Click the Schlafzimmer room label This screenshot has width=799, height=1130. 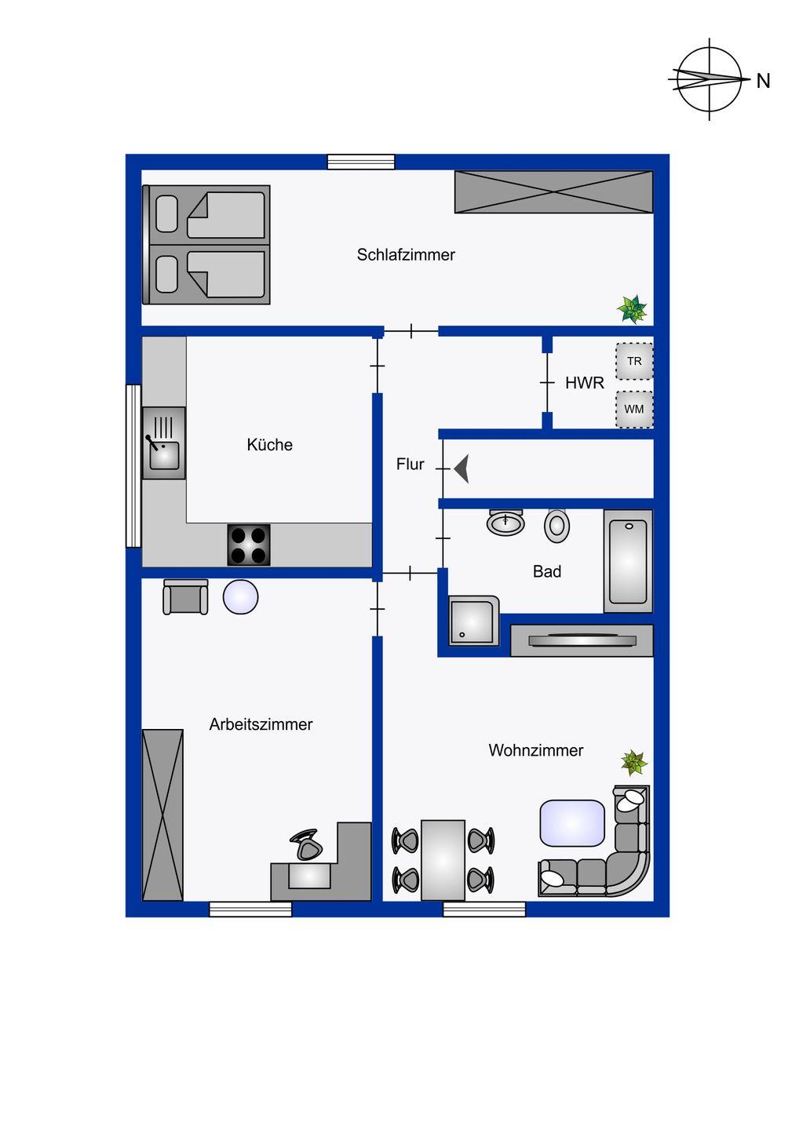coord(406,255)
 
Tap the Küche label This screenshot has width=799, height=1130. coord(269,444)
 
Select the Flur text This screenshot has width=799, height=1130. coord(410,464)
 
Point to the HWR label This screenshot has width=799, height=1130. coord(584,383)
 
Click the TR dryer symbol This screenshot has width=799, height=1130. coord(634,361)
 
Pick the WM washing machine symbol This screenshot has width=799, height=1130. coord(634,409)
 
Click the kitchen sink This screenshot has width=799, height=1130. coord(164,443)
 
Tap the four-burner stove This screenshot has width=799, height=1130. coord(249,545)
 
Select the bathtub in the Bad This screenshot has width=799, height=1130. coord(628,562)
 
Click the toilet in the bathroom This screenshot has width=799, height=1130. coord(557,526)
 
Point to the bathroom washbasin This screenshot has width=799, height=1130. coord(505,522)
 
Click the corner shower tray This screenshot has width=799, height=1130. coord(473,621)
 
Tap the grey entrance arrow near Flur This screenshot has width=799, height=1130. coord(462,468)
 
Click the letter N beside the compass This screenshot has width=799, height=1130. coord(763,82)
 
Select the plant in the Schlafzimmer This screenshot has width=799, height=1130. coord(632,308)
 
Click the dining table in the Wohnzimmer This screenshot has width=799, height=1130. coord(443,860)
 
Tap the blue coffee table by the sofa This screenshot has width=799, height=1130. coord(572,823)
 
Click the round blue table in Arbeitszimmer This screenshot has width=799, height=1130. coord(241,597)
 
